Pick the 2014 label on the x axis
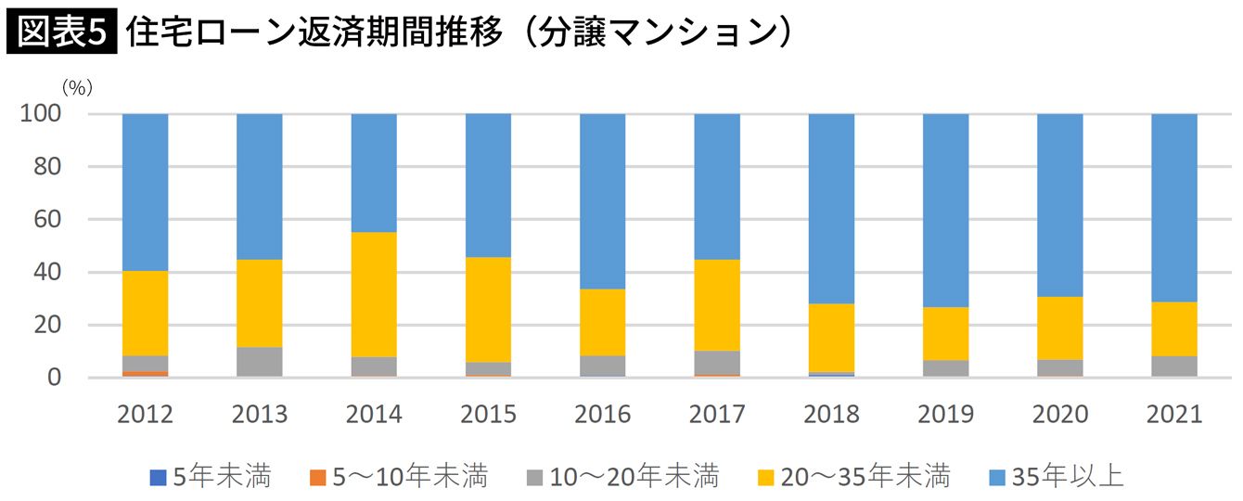tap(374, 415)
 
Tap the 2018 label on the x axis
tap(832, 415)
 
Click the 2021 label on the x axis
tap(1173, 415)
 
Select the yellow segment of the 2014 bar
tap(374, 294)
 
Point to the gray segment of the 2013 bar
tap(260, 362)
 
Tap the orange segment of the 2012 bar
tap(146, 374)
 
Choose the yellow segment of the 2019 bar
tap(946, 333)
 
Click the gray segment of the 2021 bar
tap(1173, 366)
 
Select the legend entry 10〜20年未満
tap(621, 477)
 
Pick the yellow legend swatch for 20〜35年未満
tap(766, 478)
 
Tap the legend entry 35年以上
tap(1068, 477)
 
